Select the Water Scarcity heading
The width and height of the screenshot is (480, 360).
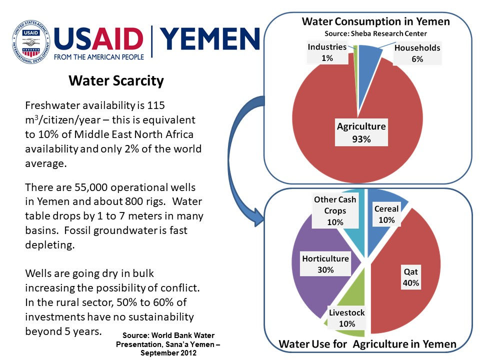116,80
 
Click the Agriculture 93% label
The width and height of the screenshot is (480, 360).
361,132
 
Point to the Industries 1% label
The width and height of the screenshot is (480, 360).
327,52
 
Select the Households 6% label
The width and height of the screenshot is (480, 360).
417,53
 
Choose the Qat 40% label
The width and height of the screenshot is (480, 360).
411,277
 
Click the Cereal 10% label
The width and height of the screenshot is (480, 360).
386,214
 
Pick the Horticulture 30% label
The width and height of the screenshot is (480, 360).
325,264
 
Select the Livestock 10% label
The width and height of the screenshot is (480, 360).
346,318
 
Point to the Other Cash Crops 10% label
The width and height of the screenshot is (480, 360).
335,210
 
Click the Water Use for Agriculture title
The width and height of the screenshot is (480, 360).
367,344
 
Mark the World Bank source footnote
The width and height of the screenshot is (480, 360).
168,344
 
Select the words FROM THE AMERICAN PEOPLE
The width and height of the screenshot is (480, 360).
99,57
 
